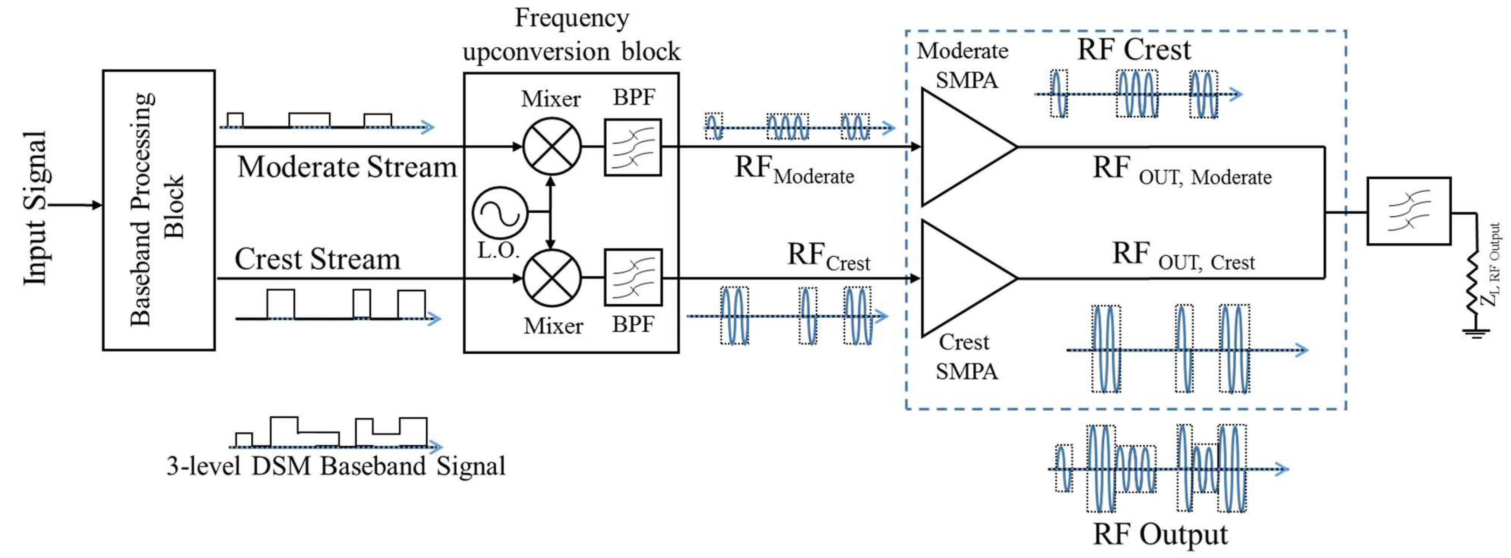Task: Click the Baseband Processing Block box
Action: point(159,210)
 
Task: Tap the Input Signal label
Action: point(35,208)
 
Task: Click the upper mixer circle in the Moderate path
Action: point(552,146)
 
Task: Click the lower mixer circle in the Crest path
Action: point(552,278)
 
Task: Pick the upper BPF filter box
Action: point(633,147)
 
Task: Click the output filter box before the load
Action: point(1409,211)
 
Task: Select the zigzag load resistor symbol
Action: point(1473,283)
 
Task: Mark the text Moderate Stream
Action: point(347,167)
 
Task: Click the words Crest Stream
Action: point(317,259)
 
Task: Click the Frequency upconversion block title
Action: point(571,35)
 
